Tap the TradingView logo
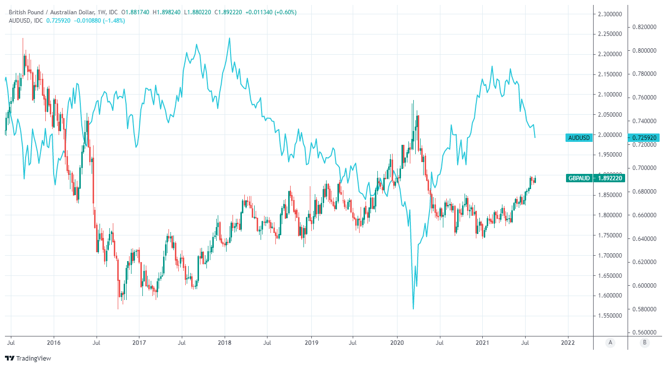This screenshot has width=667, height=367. [28, 358]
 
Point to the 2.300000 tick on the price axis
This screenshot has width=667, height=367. [610, 14]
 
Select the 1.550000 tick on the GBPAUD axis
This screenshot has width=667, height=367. [610, 316]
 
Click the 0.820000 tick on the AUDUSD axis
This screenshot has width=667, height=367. [644, 27]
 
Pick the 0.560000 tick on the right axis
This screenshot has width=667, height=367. [644, 333]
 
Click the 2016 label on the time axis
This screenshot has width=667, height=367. [53, 342]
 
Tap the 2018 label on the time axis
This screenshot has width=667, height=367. [225, 342]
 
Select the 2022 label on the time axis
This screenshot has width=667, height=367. [567, 342]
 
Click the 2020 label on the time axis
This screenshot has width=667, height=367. [397, 342]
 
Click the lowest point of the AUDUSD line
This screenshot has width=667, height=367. [413, 309]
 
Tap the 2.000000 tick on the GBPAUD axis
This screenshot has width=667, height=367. [610, 134]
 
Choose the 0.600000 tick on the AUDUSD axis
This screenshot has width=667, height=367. [644, 286]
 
